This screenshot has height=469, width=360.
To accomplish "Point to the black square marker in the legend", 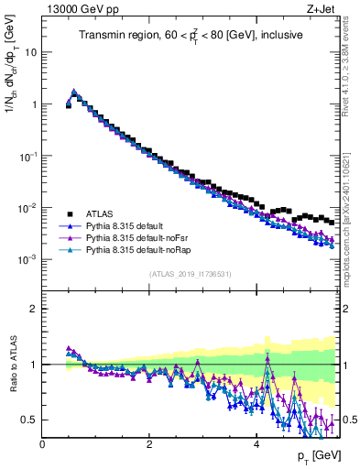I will tap(70, 213).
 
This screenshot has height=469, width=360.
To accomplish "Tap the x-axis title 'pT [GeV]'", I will tap(318, 455).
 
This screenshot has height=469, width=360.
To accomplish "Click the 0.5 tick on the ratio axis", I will tap(29, 420).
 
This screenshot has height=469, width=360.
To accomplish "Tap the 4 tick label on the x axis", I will tap(256, 442).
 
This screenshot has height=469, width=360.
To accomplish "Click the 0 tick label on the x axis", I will tap(42, 442).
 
